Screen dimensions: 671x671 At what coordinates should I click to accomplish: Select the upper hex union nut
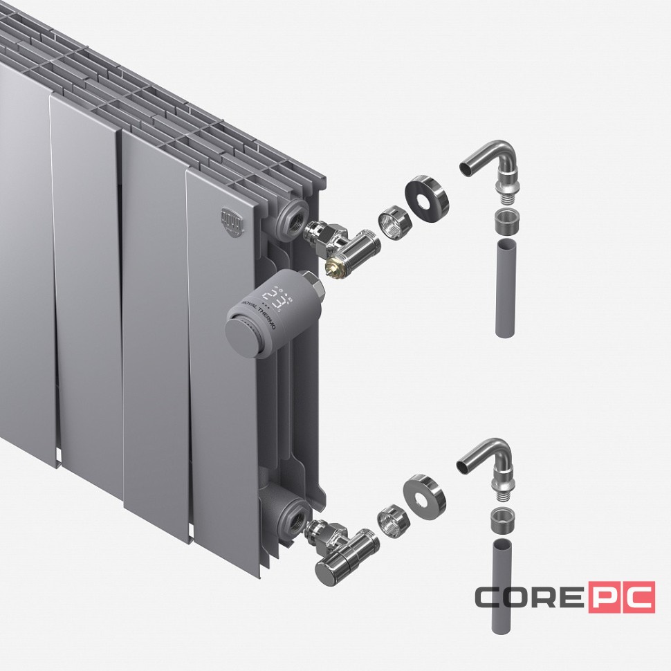pos(394,223)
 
